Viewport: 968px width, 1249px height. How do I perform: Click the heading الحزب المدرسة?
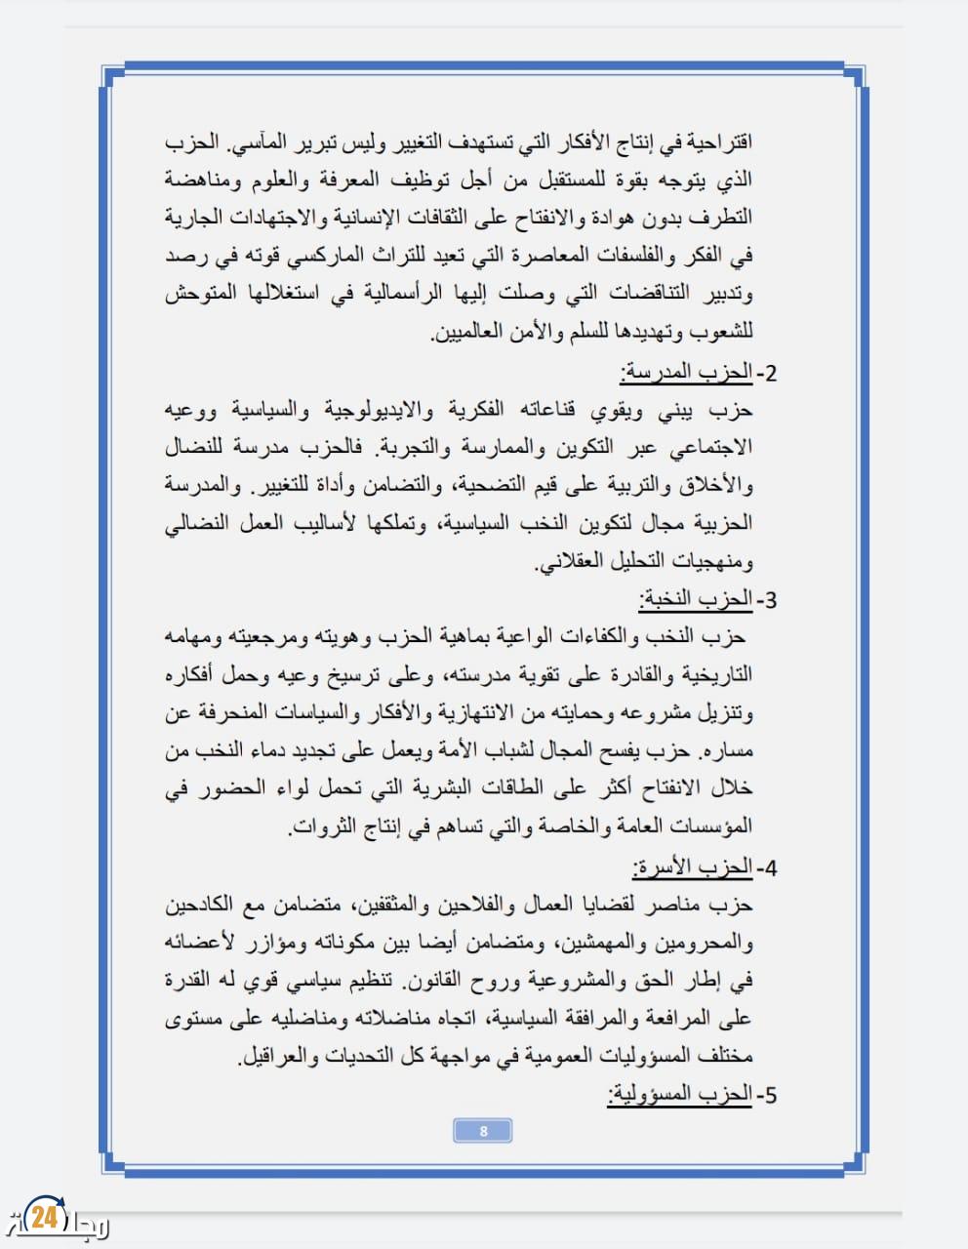point(686,372)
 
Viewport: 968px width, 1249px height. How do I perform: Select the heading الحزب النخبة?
point(696,599)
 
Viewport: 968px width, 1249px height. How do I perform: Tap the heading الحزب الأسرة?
point(692,866)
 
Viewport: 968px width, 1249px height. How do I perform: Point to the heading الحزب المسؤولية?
point(679,1094)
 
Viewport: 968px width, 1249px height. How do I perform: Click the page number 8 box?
point(483,1131)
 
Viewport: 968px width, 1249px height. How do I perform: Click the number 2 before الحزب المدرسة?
point(770,373)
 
